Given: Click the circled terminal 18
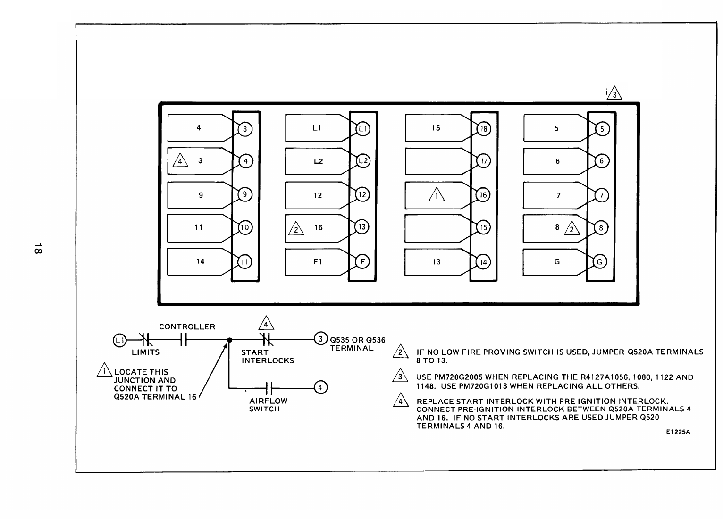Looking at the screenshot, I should (x=485, y=129).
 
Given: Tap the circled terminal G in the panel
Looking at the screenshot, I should (x=600, y=262).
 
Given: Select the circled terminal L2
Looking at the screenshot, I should (x=363, y=161).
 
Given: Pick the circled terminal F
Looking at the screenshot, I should (x=362, y=262).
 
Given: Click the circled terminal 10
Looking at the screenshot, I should (x=245, y=228).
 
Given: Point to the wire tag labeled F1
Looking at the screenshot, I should (x=318, y=262).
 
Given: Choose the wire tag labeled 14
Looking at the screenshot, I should (x=201, y=262).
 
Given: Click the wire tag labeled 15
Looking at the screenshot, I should (x=436, y=128).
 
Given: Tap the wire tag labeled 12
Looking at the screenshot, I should (x=318, y=195).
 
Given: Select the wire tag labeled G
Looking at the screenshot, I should (x=557, y=262).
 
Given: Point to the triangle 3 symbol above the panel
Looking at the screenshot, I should (x=615, y=94).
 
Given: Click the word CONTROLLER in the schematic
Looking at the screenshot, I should (x=187, y=327).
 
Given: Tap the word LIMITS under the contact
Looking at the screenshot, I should (x=145, y=352).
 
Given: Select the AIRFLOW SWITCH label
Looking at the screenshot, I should (x=268, y=405).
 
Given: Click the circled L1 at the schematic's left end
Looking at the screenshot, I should (x=119, y=339).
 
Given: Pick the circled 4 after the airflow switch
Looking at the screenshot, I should (x=320, y=388).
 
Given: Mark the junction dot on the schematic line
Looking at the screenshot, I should (x=229, y=340).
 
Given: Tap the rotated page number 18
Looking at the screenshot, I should (x=38, y=249).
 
